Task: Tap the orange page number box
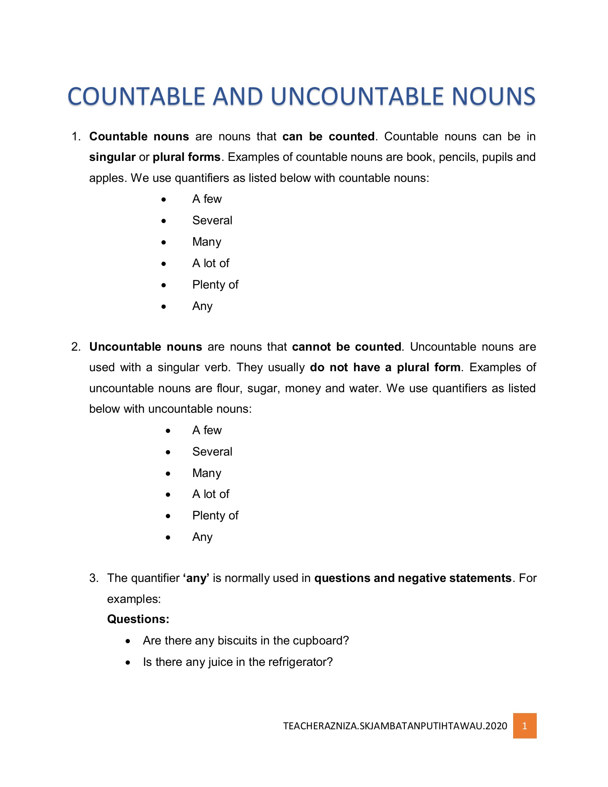[x=525, y=726]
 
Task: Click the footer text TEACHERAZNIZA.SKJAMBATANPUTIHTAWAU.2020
[x=395, y=726]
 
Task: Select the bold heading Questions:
[x=138, y=619]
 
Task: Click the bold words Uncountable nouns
[x=146, y=347]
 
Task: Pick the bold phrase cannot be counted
[x=347, y=347]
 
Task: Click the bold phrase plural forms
[x=187, y=157]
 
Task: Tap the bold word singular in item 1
[x=112, y=157]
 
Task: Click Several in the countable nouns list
[x=212, y=220]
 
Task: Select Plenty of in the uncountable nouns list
[x=215, y=515]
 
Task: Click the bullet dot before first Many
[x=163, y=242]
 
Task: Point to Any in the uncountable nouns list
[x=202, y=537]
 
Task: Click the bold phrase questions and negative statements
[x=413, y=578]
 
